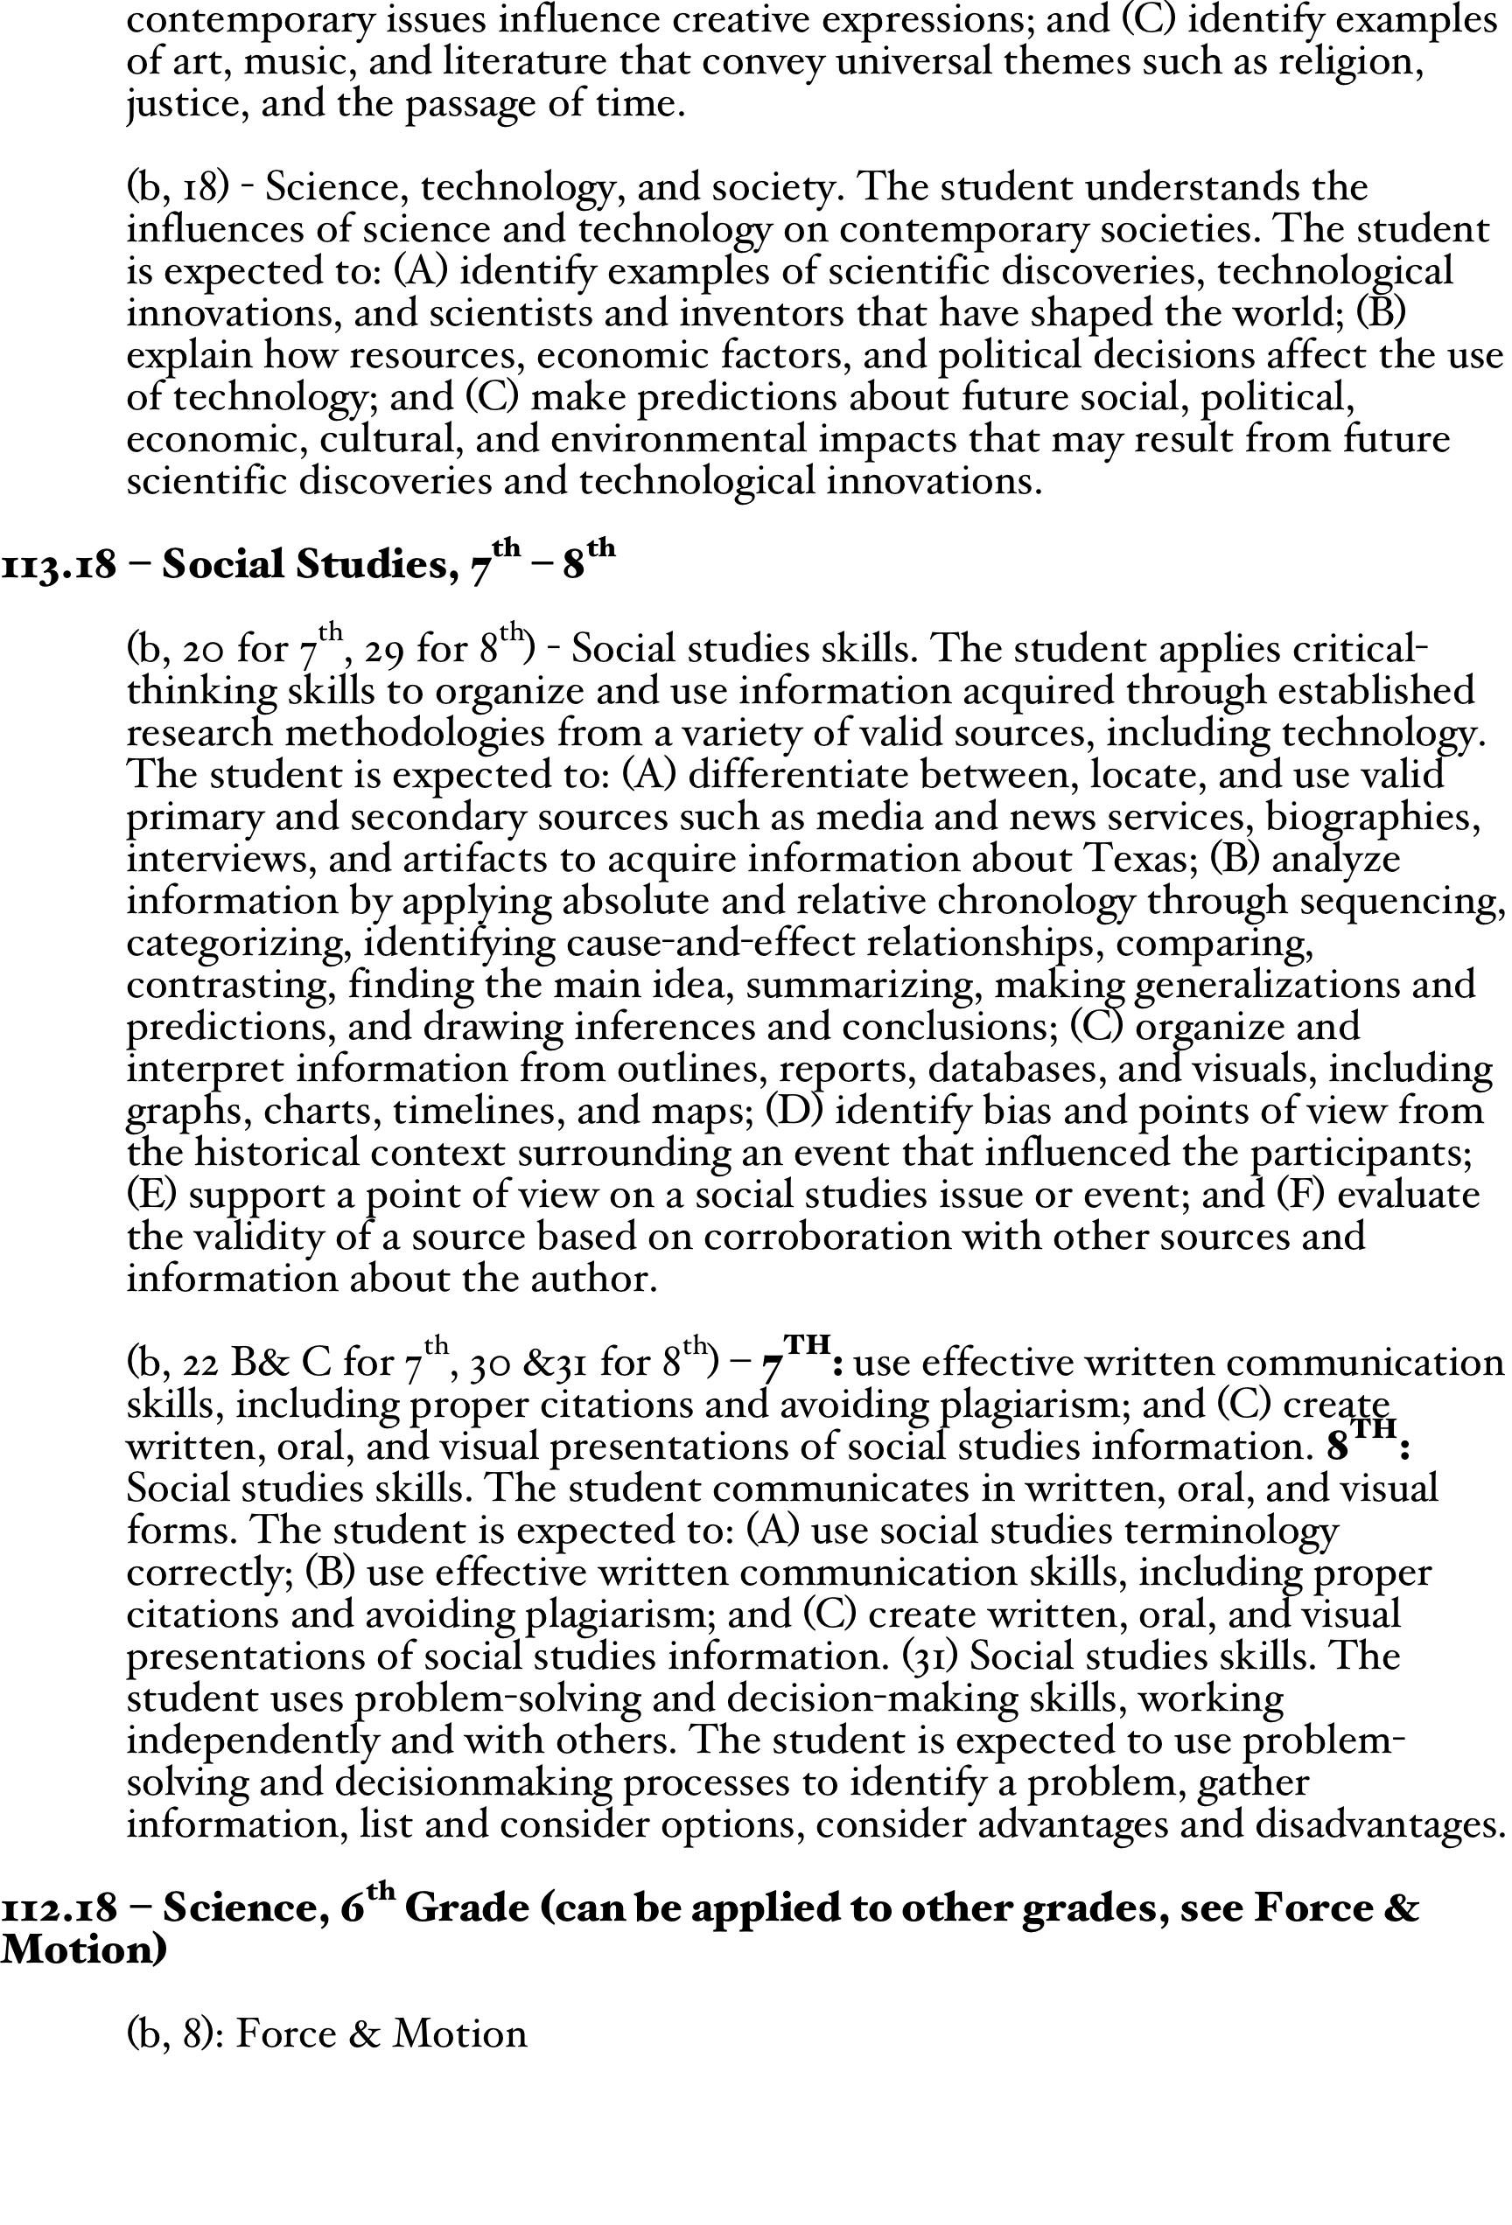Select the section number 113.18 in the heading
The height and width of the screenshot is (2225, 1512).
tap(59, 565)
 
